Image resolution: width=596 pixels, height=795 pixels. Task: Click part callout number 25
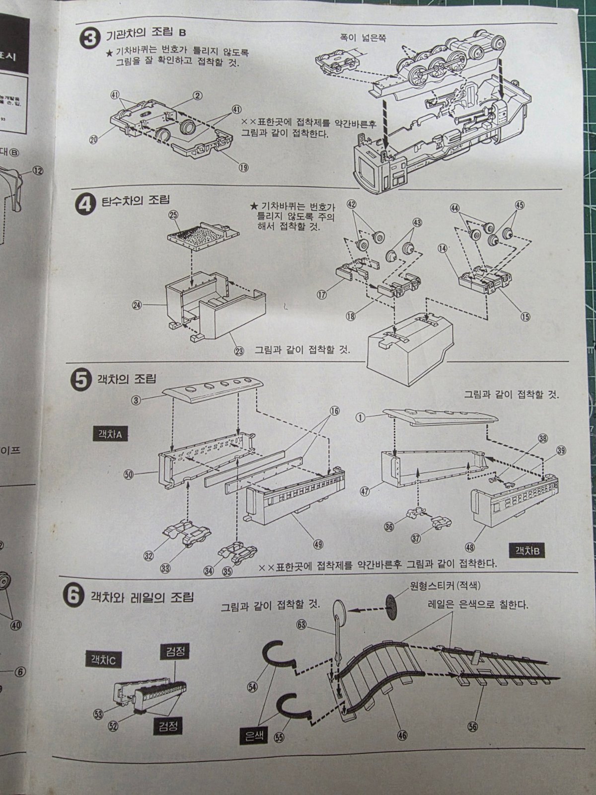click(x=173, y=215)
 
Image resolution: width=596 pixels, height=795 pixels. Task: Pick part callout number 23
click(x=240, y=351)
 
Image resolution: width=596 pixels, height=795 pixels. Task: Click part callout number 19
click(x=243, y=167)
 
